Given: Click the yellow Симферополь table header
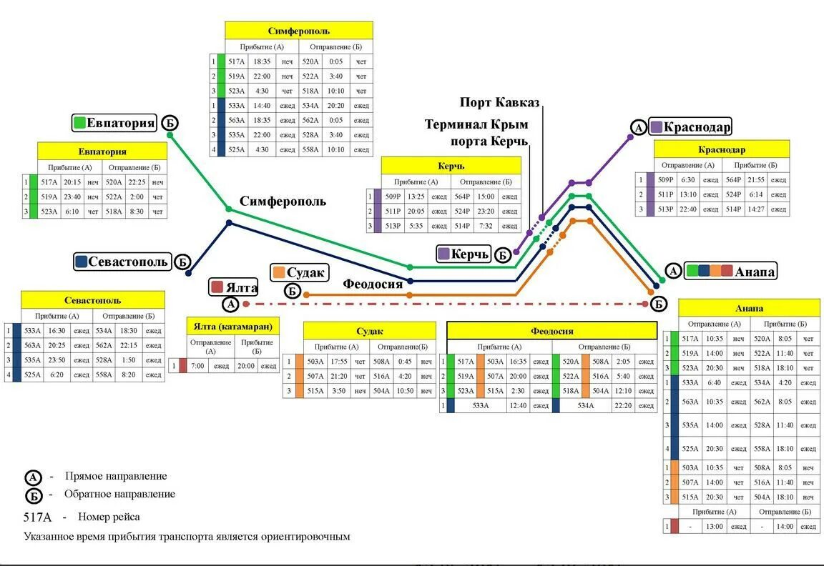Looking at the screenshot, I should click(299, 31).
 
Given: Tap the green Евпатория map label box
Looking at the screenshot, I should click(114, 123).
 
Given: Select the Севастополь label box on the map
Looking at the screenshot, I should click(122, 262).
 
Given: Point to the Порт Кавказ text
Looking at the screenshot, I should click(499, 104).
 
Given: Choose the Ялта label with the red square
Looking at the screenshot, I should click(234, 287).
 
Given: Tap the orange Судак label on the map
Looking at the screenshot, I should click(300, 272).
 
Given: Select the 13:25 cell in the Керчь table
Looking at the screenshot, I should click(416, 197).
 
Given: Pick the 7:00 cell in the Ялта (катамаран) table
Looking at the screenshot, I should click(198, 366).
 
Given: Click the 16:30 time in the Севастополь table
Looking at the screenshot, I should click(57, 331).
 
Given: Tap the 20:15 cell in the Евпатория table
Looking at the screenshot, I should click(72, 182).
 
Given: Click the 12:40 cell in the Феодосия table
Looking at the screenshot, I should click(519, 406).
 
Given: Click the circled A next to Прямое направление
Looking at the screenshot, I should click(34, 477).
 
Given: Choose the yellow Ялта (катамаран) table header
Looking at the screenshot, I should click(233, 326).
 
